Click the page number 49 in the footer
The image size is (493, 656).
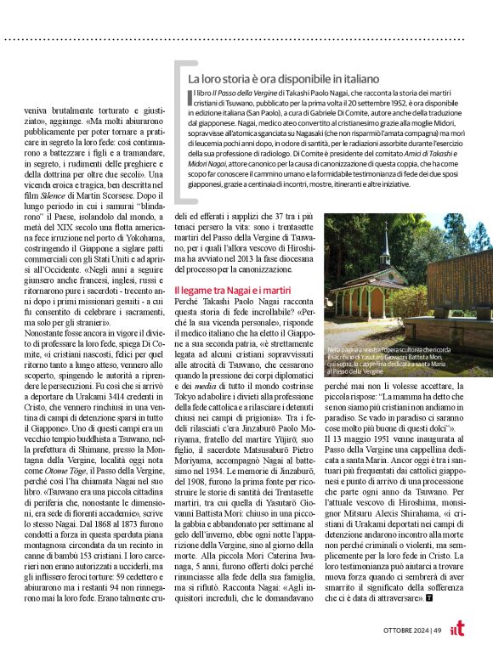[436, 629]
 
